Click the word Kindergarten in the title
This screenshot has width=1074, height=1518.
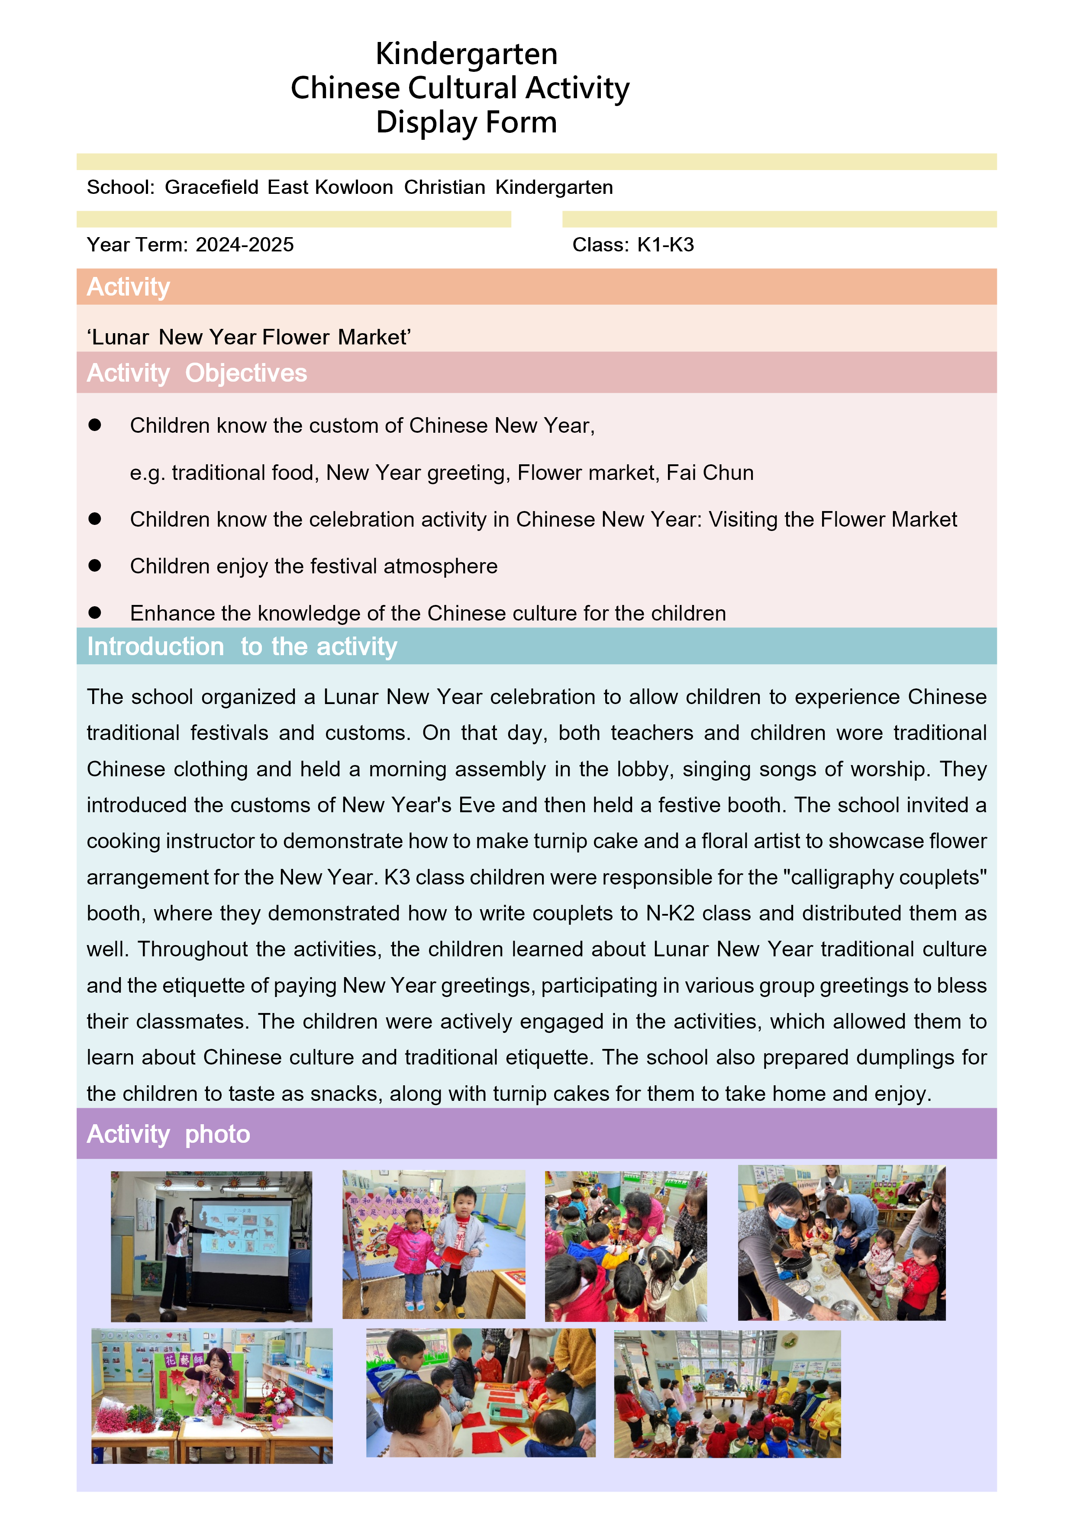[466, 54]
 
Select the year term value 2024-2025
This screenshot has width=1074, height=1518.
[245, 244]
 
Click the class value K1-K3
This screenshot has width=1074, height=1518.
[665, 244]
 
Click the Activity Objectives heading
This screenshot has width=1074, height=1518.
[197, 373]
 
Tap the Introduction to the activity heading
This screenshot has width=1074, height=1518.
[242, 646]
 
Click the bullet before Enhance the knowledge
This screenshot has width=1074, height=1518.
[94, 612]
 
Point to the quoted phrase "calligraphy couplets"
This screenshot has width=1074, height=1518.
[884, 877]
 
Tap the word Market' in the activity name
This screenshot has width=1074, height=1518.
[374, 337]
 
